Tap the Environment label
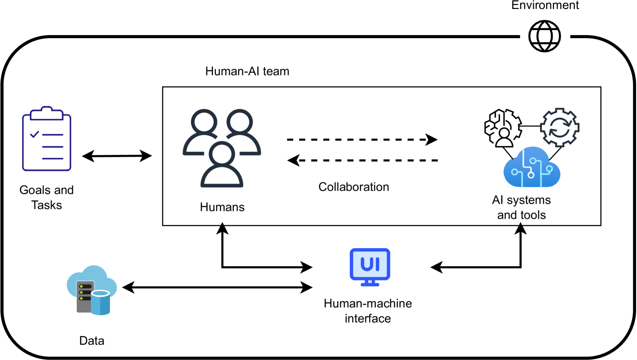click(x=545, y=5)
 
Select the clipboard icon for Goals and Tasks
click(x=47, y=139)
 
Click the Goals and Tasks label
click(x=47, y=198)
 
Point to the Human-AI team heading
click(x=247, y=71)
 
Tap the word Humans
click(x=222, y=207)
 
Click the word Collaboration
click(x=353, y=187)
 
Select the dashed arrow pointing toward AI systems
click(x=362, y=140)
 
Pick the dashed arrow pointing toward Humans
click(x=362, y=159)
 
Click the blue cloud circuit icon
click(x=532, y=170)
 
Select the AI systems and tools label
click(x=521, y=207)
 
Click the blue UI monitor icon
click(x=369, y=267)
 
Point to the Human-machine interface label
click(x=368, y=311)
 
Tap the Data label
click(x=92, y=341)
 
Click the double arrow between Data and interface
click(x=218, y=286)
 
